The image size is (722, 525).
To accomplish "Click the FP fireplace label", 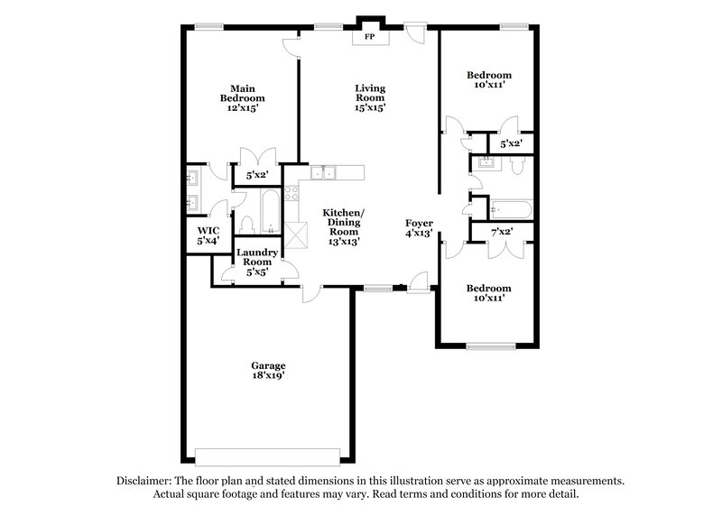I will (x=369, y=38).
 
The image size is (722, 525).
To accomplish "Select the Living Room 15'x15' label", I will (x=370, y=97).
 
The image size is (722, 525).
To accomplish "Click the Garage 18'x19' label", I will (x=268, y=370).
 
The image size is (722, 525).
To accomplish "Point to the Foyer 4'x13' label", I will (x=419, y=227).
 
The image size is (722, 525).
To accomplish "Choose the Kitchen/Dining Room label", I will (x=345, y=226).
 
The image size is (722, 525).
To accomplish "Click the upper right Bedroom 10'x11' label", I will (x=489, y=80).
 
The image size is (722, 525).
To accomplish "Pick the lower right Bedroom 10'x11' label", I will (x=489, y=293).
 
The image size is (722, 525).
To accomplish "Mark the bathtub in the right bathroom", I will (x=511, y=210).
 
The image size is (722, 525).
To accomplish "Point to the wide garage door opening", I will (x=268, y=453).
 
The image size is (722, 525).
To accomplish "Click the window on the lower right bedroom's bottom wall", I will (x=490, y=345).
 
